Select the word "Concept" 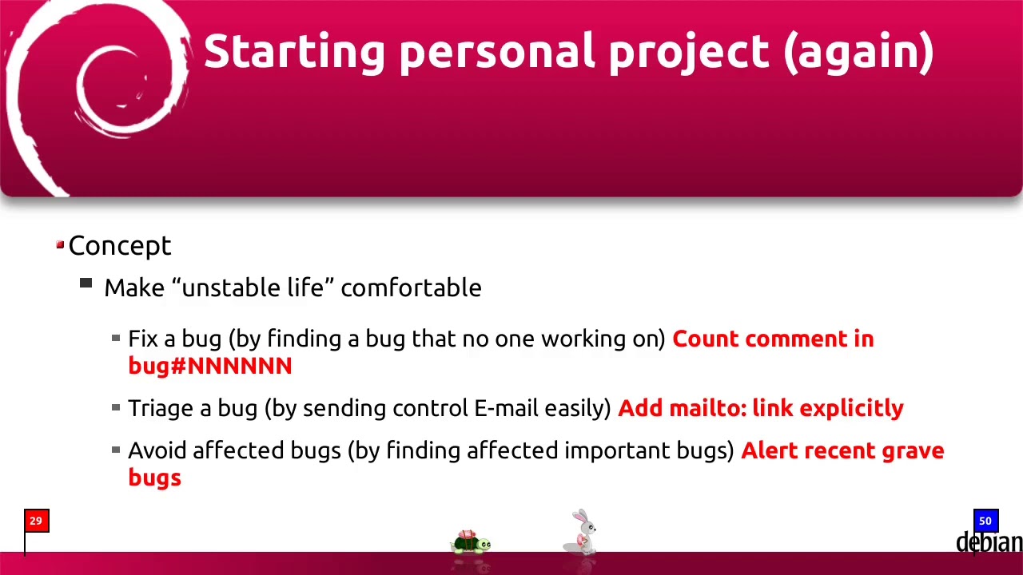click(x=120, y=246)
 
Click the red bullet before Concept click(x=60, y=245)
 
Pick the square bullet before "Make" click(x=86, y=283)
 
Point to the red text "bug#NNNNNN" click(x=210, y=366)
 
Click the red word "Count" click(x=706, y=339)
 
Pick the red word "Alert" click(x=770, y=450)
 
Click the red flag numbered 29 click(x=36, y=521)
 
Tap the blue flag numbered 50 click(x=985, y=521)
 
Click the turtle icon click(x=471, y=543)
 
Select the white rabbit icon click(x=583, y=532)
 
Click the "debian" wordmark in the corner click(x=989, y=543)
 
